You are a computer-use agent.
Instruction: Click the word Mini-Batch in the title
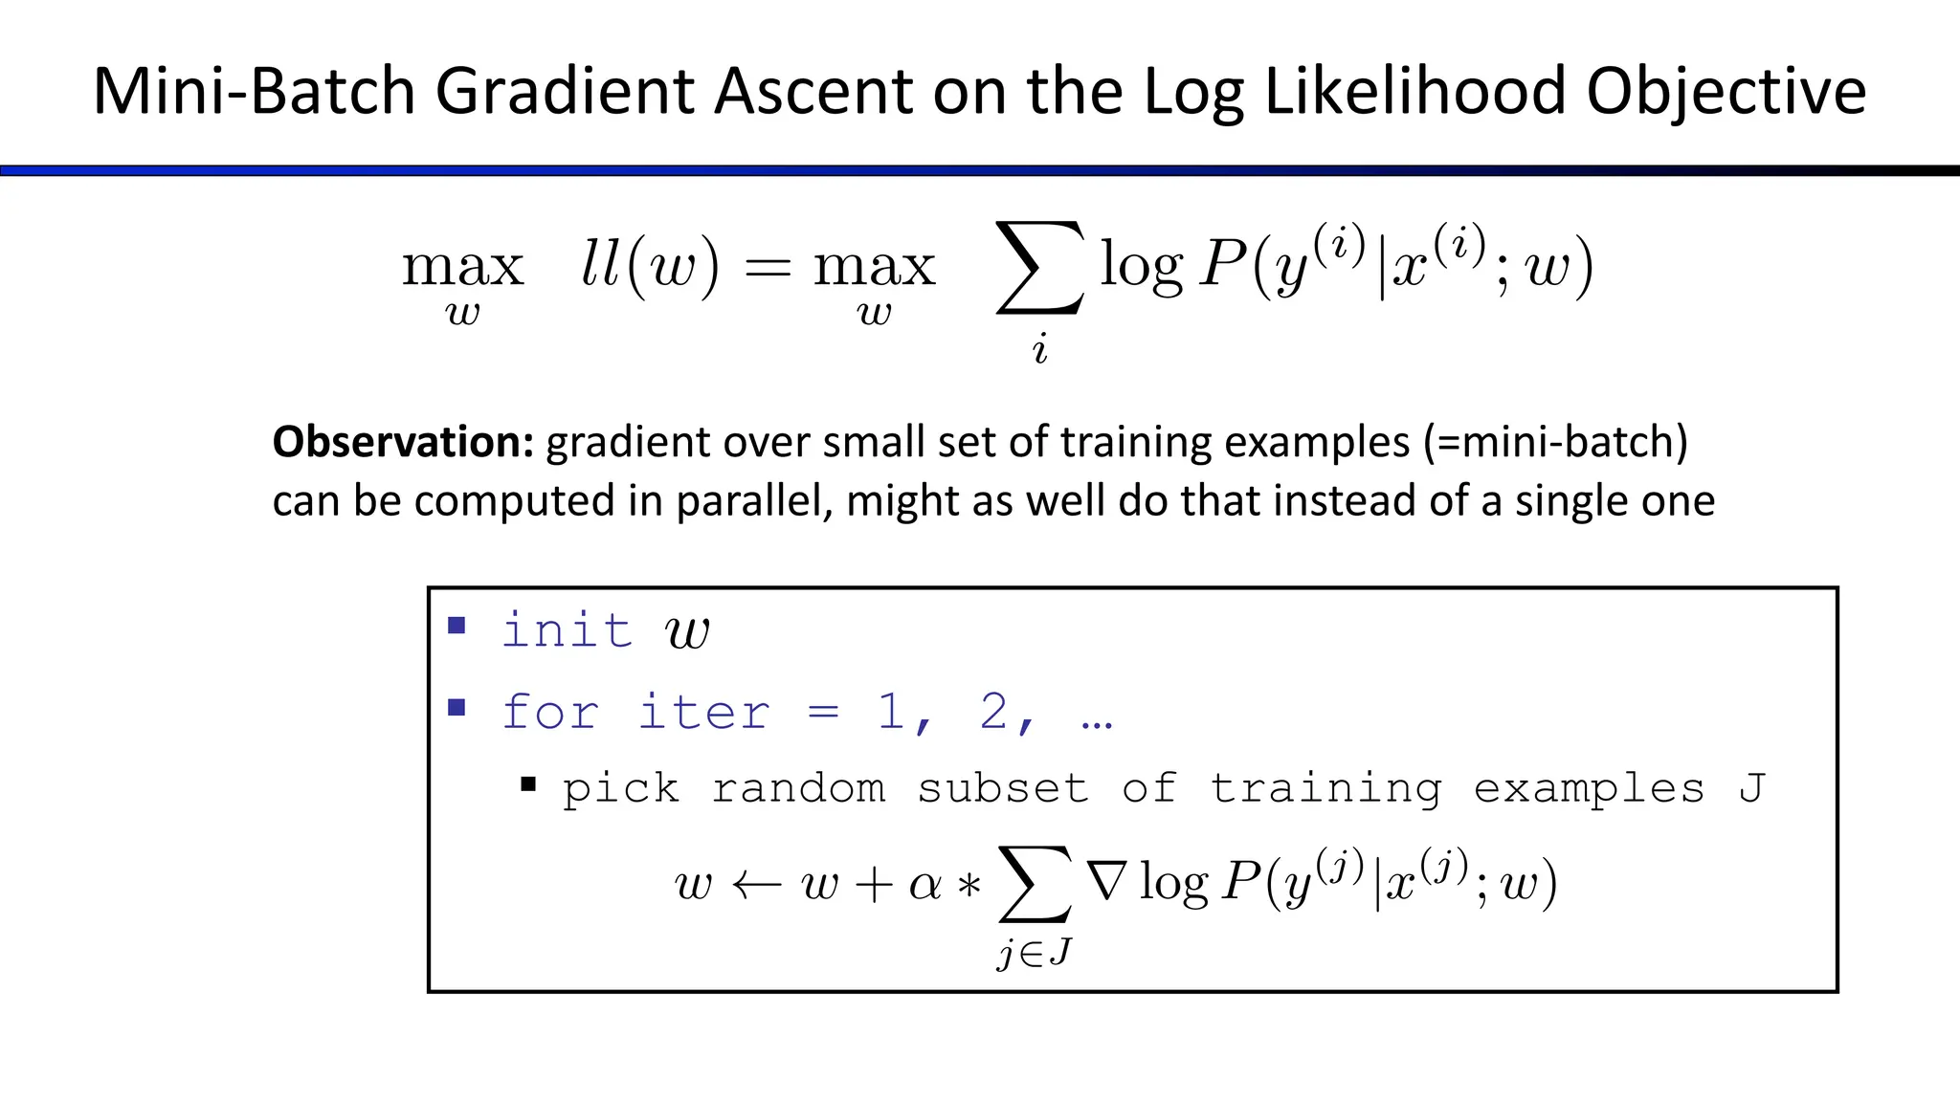tap(254, 92)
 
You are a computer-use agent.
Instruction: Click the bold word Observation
tap(402, 442)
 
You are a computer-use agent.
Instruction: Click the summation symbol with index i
tap(1040, 268)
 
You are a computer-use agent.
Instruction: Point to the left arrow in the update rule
tap(757, 885)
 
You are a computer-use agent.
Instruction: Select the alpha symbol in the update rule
tap(925, 885)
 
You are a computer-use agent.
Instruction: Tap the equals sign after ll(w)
tap(768, 269)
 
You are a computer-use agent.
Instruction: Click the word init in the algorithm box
tap(567, 630)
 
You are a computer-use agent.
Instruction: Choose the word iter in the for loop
tap(703, 713)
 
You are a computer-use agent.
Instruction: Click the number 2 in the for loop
tap(994, 713)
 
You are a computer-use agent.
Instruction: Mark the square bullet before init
tap(457, 627)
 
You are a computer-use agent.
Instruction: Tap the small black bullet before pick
tap(527, 785)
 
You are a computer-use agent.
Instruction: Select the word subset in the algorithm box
tap(1002, 789)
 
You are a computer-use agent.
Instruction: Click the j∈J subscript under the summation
tap(1035, 953)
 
